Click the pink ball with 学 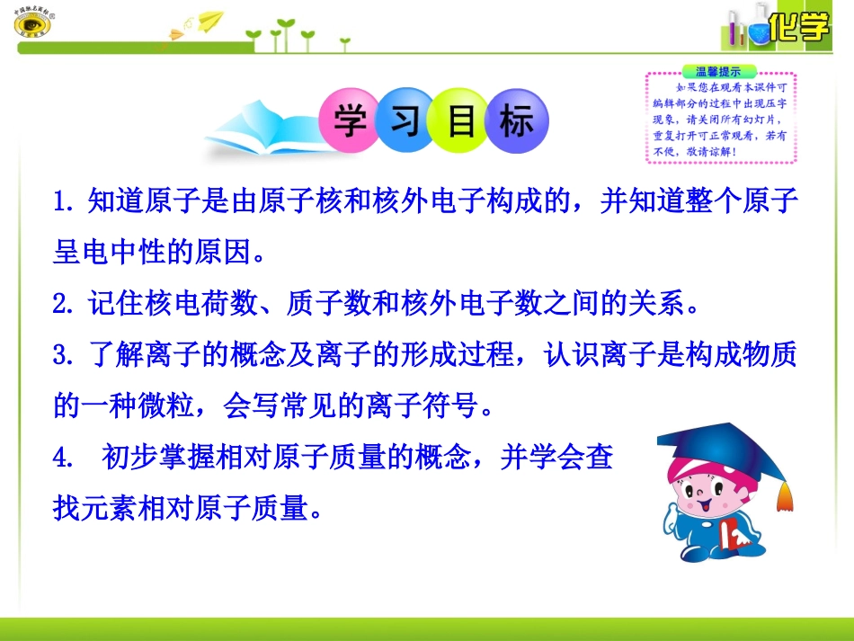[x=351, y=122]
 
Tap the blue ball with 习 [x=406, y=122]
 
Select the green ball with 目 [x=461, y=122]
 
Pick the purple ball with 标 [x=517, y=122]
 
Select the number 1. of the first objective [x=64, y=201]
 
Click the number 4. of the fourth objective [x=64, y=458]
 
